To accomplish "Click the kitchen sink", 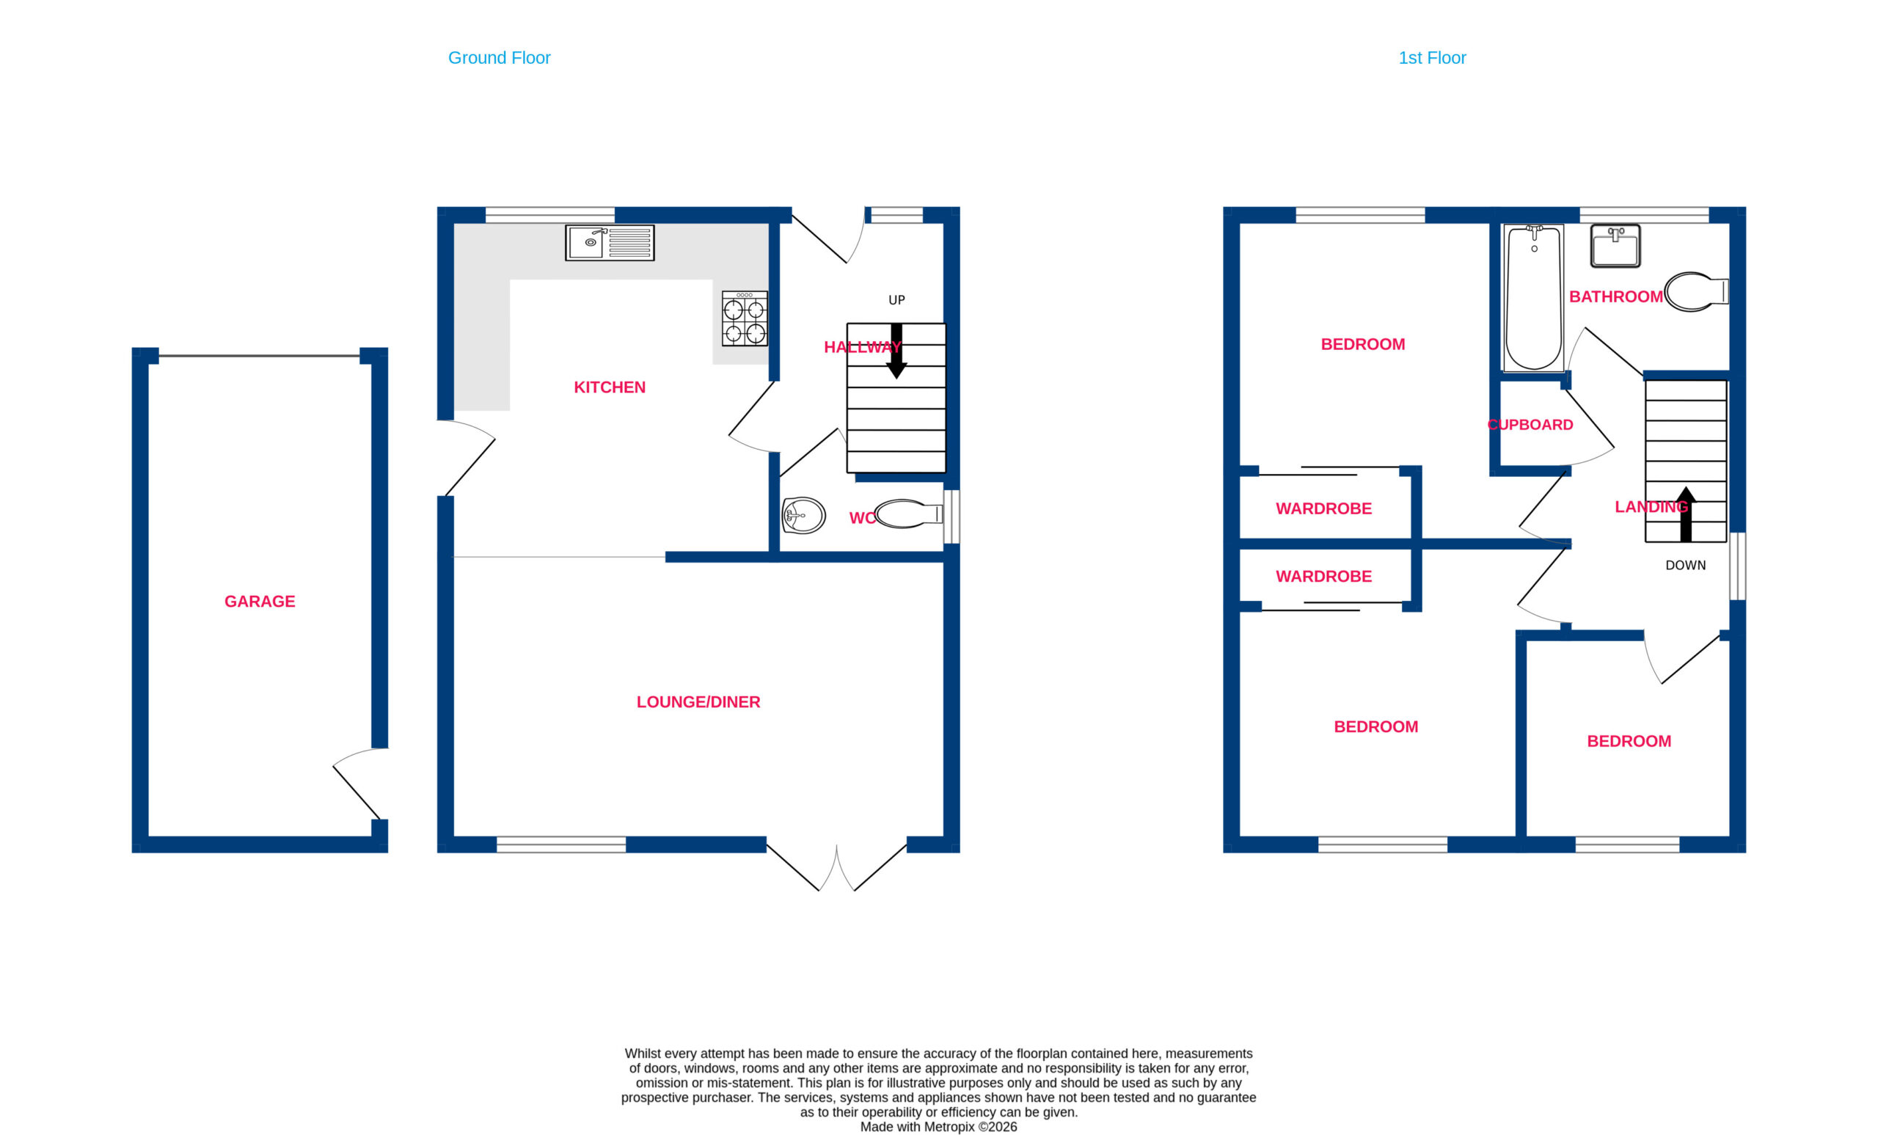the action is [609, 242].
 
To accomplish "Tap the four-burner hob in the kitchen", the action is [745, 318].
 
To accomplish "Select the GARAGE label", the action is [260, 602].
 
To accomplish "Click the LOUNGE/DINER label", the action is [698, 702].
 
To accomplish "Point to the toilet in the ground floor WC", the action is [909, 514].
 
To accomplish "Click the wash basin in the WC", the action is [803, 515].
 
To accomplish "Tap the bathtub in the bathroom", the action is [1533, 297].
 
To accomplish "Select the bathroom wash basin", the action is [1615, 246].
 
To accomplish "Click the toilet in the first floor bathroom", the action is [1696, 291].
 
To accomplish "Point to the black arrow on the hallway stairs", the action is [896, 351].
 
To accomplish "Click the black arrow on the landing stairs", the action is [1686, 514].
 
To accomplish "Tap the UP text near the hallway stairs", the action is [896, 300].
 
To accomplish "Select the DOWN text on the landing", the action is [1685, 566].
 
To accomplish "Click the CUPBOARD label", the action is [1530, 425].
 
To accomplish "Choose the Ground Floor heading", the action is [500, 58].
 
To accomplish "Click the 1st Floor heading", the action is [1432, 58].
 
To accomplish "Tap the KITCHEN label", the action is [610, 387].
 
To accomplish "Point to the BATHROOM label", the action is [1616, 296].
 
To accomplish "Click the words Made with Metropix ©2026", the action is [938, 1127].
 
